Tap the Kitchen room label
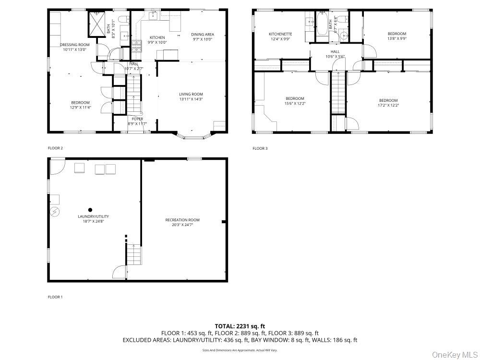point(157,37)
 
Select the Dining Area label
point(202,34)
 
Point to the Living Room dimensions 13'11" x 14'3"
point(191,99)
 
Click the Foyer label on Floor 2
point(138,119)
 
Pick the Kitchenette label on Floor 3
point(280,34)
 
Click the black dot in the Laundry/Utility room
point(90,210)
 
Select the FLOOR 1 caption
point(55,297)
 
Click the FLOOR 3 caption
point(260,148)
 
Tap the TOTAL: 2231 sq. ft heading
point(240,326)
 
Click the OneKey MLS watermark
point(453,355)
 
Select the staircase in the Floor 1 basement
point(135,254)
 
